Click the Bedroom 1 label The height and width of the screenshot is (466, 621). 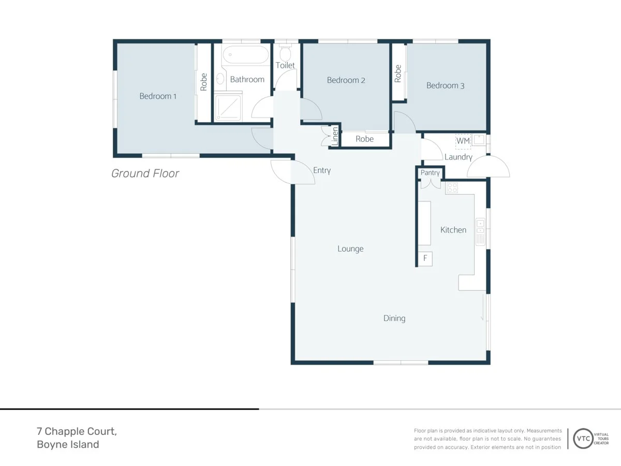[x=158, y=96]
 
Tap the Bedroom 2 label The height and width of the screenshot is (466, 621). [x=346, y=80]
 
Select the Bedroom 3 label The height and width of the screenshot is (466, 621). [x=446, y=86]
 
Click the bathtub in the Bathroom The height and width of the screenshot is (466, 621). [x=246, y=54]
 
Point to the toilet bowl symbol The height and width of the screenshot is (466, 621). [x=286, y=52]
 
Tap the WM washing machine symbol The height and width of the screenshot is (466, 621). [x=463, y=141]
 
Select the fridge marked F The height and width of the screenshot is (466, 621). [x=425, y=258]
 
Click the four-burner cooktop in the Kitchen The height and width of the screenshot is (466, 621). [x=452, y=188]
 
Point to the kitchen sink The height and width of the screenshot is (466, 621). [x=480, y=232]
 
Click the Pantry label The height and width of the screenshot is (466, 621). [x=430, y=173]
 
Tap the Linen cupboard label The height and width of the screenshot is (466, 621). [x=335, y=136]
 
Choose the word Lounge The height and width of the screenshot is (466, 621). [x=350, y=249]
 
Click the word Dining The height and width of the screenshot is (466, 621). [x=394, y=318]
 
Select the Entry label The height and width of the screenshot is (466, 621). [x=322, y=170]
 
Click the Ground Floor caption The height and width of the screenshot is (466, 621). [x=145, y=173]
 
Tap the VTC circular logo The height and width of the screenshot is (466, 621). [x=583, y=439]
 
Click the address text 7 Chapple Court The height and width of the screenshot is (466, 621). [x=77, y=431]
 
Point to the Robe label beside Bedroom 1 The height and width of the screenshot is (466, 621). [x=204, y=82]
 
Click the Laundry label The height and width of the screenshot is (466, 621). [x=459, y=157]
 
